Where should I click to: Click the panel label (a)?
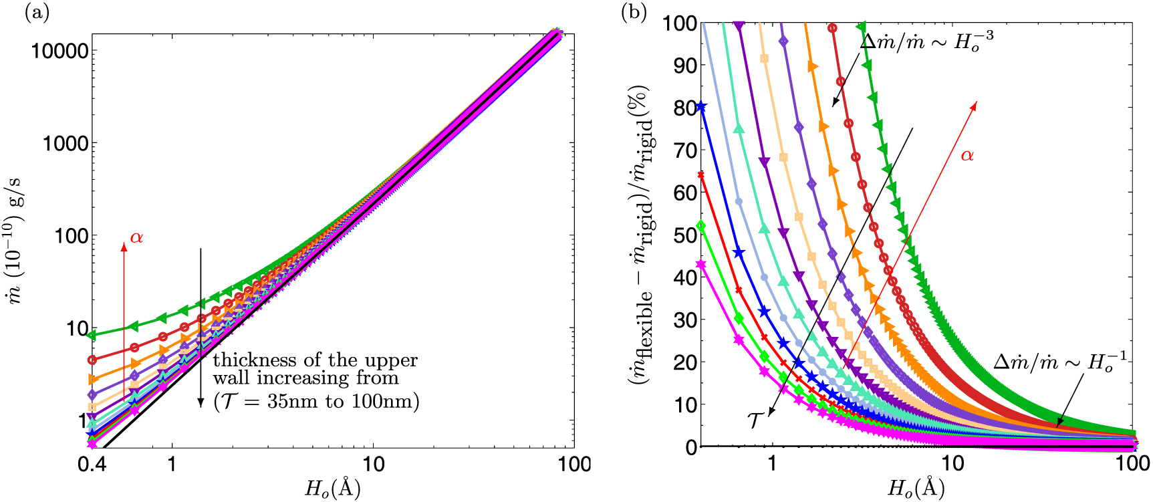click(x=36, y=13)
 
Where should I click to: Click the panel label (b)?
click(x=634, y=13)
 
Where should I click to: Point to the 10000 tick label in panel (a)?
click(x=60, y=51)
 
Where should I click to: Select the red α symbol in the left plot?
click(x=136, y=237)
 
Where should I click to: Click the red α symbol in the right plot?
click(x=967, y=156)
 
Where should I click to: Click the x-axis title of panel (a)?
click(x=333, y=488)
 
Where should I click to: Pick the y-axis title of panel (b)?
click(x=640, y=234)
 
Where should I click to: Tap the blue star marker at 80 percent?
click(x=701, y=107)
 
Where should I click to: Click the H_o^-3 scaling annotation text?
click(x=926, y=41)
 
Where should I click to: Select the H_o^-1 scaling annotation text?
click(x=1059, y=362)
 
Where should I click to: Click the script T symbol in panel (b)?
click(x=755, y=420)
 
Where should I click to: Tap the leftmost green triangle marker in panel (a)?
click(x=93, y=335)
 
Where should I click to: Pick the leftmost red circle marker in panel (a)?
click(x=92, y=360)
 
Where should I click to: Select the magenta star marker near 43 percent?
click(x=701, y=264)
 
